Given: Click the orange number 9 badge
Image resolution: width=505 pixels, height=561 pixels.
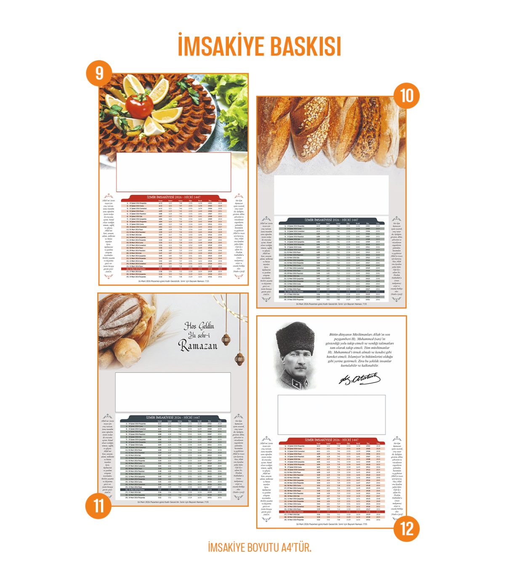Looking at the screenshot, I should [x=99, y=74].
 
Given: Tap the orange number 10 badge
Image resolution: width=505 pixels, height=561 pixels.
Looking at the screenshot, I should [x=407, y=96].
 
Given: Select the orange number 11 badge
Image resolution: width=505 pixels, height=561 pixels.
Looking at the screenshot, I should [x=98, y=505].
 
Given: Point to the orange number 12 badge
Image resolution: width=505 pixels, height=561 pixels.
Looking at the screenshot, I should [x=407, y=528].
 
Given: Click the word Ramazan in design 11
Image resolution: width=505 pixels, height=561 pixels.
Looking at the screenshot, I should [x=198, y=346].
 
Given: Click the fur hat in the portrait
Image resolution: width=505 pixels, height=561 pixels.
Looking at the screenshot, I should [x=295, y=339].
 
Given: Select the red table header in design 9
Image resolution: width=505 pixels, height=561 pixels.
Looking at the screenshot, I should [x=174, y=197].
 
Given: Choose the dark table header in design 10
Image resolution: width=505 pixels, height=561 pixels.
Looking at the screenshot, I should [x=332, y=220].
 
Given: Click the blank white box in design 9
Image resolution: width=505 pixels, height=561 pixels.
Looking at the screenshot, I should [x=173, y=172].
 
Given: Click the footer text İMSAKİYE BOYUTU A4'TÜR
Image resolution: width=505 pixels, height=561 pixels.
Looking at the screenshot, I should [x=260, y=548].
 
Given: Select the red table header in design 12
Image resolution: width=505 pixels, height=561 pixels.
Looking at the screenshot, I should [x=332, y=440].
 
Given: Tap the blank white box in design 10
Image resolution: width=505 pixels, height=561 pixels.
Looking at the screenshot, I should [x=331, y=195].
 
